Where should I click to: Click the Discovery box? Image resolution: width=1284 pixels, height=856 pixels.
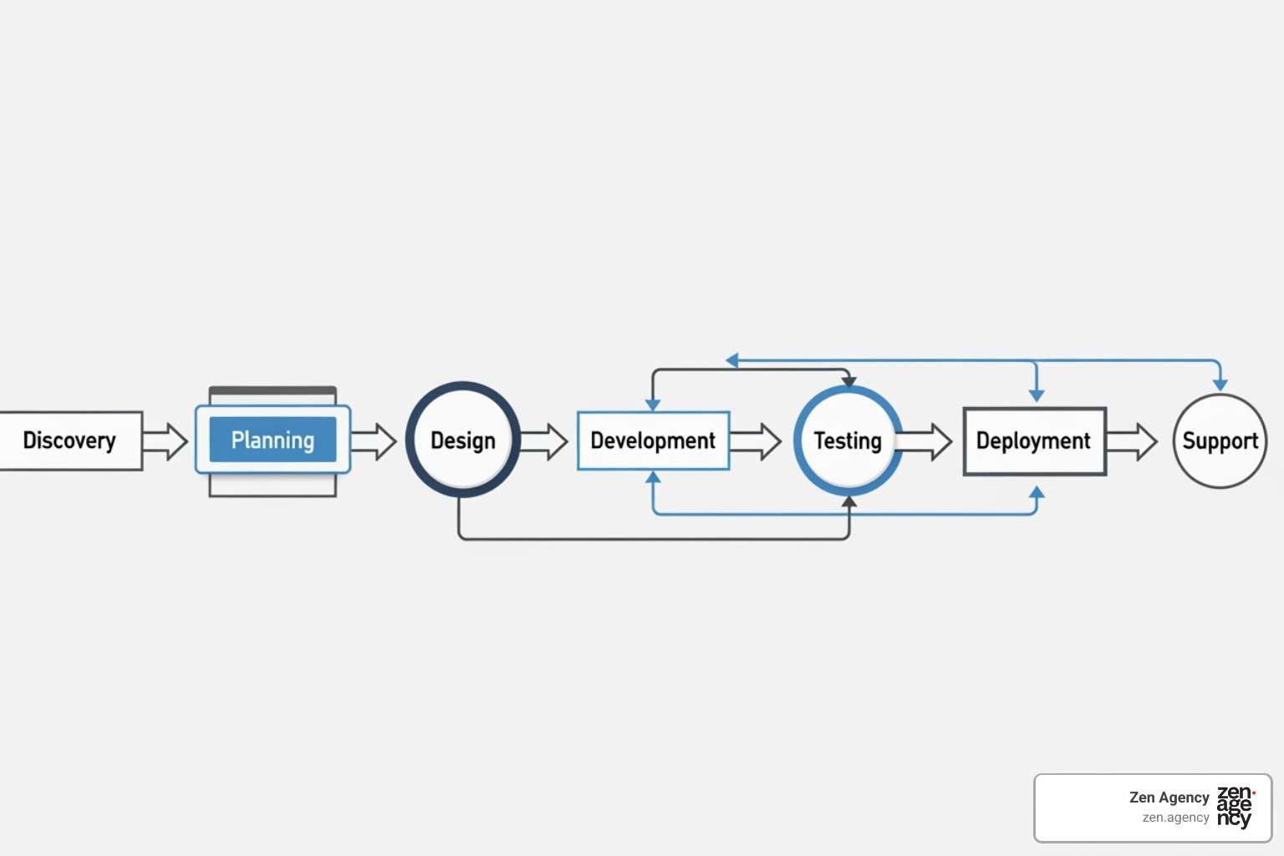70,441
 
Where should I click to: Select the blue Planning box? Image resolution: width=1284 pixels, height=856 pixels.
273,440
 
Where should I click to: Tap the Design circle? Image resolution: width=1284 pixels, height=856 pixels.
462,440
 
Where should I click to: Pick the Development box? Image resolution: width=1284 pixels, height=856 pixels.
653,441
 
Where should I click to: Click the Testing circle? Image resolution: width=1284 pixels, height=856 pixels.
848,441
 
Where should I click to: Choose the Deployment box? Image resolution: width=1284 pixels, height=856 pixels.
1034,441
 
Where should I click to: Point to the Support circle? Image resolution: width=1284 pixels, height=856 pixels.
1220,441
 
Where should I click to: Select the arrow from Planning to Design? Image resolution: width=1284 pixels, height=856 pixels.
374,441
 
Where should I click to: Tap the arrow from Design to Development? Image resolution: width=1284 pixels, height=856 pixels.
545,441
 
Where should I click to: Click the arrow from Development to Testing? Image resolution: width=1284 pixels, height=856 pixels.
756,441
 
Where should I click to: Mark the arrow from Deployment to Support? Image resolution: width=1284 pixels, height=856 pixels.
1133,441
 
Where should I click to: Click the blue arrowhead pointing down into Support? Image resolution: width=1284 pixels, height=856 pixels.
1220,385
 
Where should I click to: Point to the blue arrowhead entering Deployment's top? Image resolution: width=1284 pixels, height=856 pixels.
1037,395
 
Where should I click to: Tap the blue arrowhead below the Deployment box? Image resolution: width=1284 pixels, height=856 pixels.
1037,493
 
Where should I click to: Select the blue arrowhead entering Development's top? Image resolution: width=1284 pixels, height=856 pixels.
653,405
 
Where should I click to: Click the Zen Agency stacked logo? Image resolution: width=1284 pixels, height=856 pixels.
1235,807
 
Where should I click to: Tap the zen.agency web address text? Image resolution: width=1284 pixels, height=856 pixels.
1175,818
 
